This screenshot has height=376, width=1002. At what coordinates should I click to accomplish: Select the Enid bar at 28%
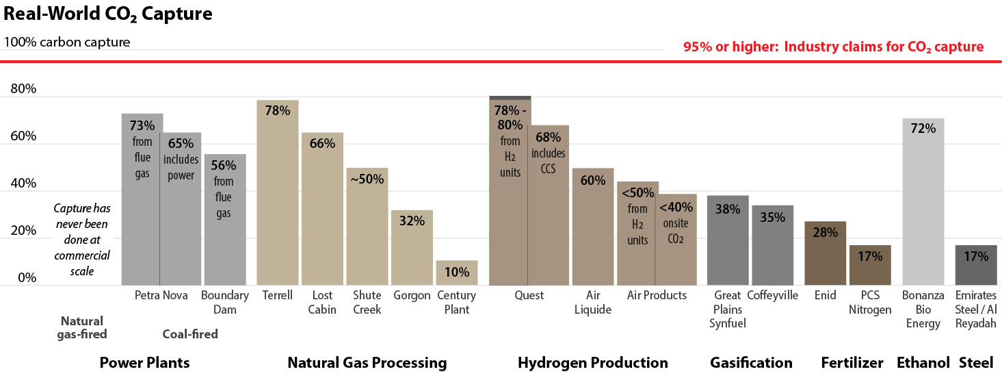point(825,253)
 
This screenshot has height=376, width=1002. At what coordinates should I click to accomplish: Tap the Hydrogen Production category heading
point(592,362)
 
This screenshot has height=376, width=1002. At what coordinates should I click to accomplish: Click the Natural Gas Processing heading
point(367,362)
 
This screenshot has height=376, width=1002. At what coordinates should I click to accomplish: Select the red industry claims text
point(833,47)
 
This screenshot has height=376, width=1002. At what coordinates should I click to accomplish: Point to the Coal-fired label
point(190,334)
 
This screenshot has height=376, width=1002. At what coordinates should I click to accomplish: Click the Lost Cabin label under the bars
point(322,302)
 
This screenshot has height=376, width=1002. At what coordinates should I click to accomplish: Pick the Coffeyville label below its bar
point(772,295)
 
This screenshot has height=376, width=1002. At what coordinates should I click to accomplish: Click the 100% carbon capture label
point(67,42)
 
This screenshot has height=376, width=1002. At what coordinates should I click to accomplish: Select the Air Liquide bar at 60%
point(592,226)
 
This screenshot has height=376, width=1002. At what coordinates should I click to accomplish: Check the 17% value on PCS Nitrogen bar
point(870,256)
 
